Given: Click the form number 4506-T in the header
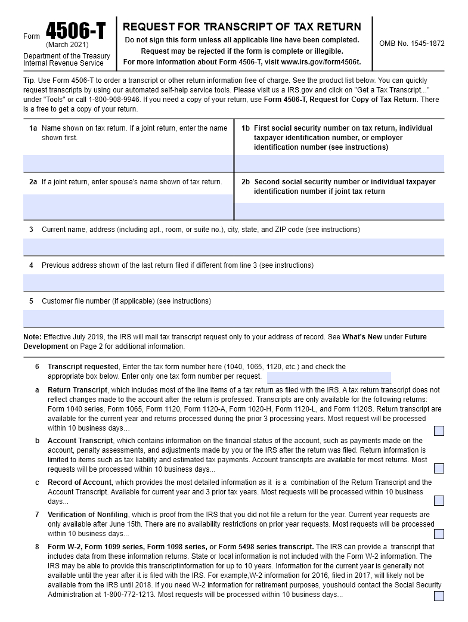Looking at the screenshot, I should pyautogui.click(x=75, y=32).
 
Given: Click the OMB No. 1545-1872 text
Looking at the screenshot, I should pyautogui.click(x=411, y=44).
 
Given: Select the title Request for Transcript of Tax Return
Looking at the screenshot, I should pyautogui.click(x=241, y=27).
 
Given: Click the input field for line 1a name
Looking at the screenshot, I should pyautogui.click(x=128, y=163).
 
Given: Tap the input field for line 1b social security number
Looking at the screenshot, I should pyautogui.click(x=339, y=163).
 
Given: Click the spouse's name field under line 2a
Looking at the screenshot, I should pyautogui.click(x=128, y=207).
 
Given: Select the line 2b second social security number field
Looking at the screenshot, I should pyautogui.click(x=339, y=211).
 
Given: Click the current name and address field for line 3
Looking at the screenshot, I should pyautogui.click(x=234, y=247).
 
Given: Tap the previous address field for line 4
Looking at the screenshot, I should pyautogui.click(x=234, y=283).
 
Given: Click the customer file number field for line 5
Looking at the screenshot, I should pyautogui.click(x=234, y=318).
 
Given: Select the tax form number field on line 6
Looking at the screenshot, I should pyautogui.click(x=328, y=377).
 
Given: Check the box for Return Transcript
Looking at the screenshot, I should pyautogui.click(x=439, y=431).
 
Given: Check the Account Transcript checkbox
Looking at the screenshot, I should pyautogui.click(x=439, y=468).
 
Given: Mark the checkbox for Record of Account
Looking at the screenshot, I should pyautogui.click(x=439, y=500).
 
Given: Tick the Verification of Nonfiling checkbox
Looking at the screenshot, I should pyautogui.click(x=439, y=534).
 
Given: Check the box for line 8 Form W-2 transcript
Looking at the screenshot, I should pyautogui.click(x=439, y=596).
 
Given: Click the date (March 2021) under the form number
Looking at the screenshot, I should pyautogui.click(x=67, y=45).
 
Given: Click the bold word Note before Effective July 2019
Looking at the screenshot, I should pyautogui.click(x=32, y=337).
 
